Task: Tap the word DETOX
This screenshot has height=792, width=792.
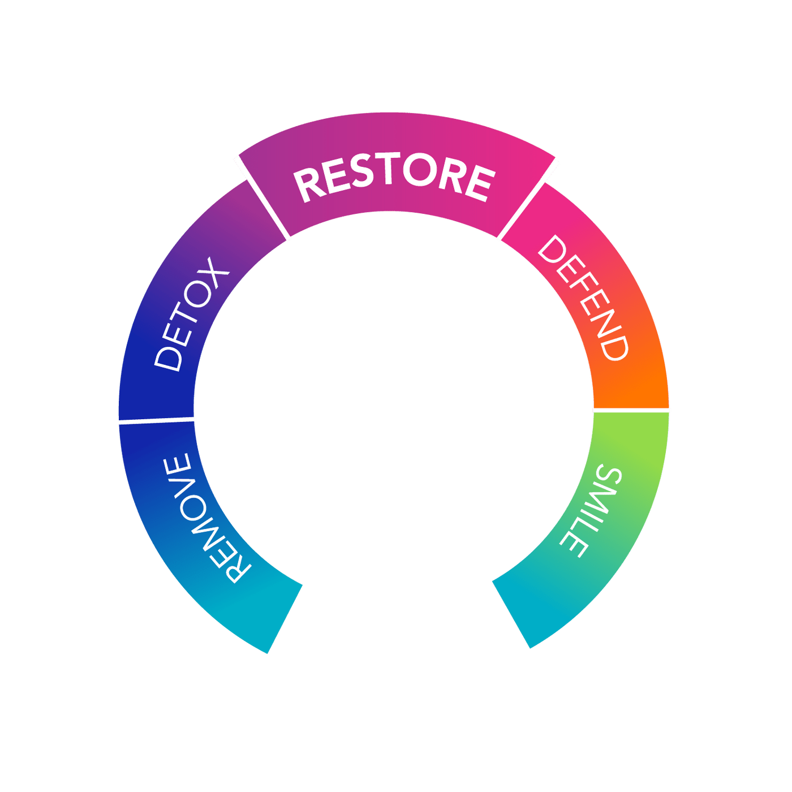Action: click(x=191, y=315)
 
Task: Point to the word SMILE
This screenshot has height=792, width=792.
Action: click(x=591, y=511)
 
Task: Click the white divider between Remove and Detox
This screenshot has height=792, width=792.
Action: click(x=157, y=420)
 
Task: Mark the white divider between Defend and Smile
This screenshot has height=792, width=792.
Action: click(x=631, y=410)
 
